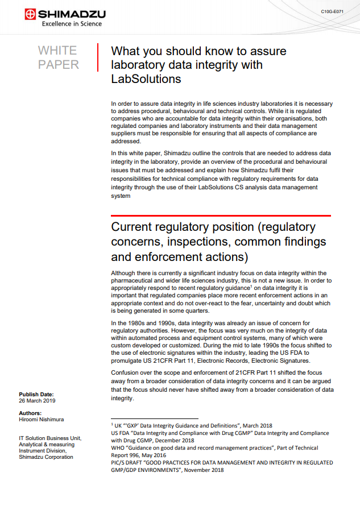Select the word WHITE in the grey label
click(x=57, y=51)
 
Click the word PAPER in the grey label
click(x=59, y=65)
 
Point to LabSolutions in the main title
click(x=146, y=79)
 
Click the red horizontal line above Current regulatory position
click(x=221, y=215)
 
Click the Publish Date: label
click(x=36, y=394)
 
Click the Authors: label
click(x=30, y=413)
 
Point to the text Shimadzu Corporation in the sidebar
click(x=45, y=457)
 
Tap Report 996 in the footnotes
click(x=130, y=455)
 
